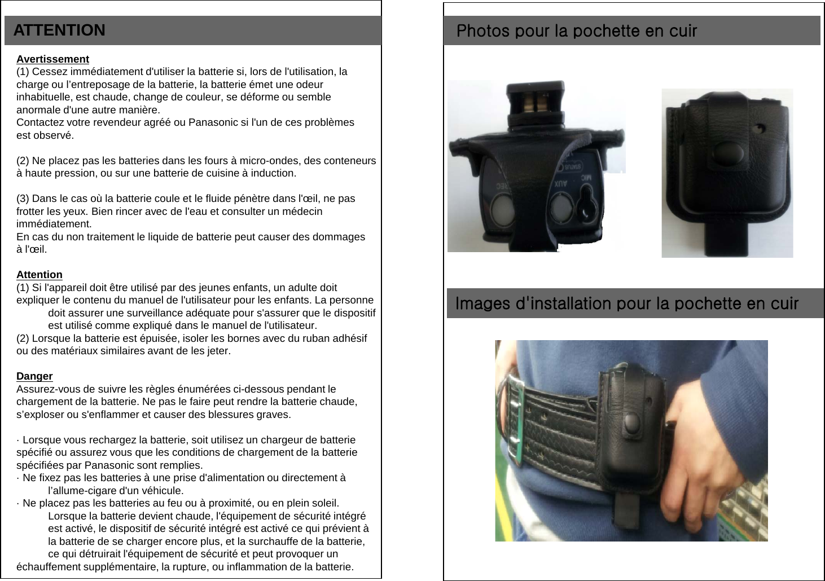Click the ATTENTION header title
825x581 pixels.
pyautogui.click(x=59, y=30)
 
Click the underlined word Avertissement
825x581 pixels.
pyautogui.click(x=52, y=59)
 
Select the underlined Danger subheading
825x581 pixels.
pyautogui.click(x=34, y=376)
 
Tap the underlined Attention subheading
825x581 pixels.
pyautogui.click(x=39, y=275)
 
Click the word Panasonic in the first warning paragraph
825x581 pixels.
pyautogui.click(x=213, y=122)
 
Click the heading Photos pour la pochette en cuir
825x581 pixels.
pyautogui.click(x=577, y=30)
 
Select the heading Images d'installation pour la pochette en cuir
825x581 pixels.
pyautogui.click(x=626, y=303)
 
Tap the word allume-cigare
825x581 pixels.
pyautogui.click(x=80, y=491)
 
